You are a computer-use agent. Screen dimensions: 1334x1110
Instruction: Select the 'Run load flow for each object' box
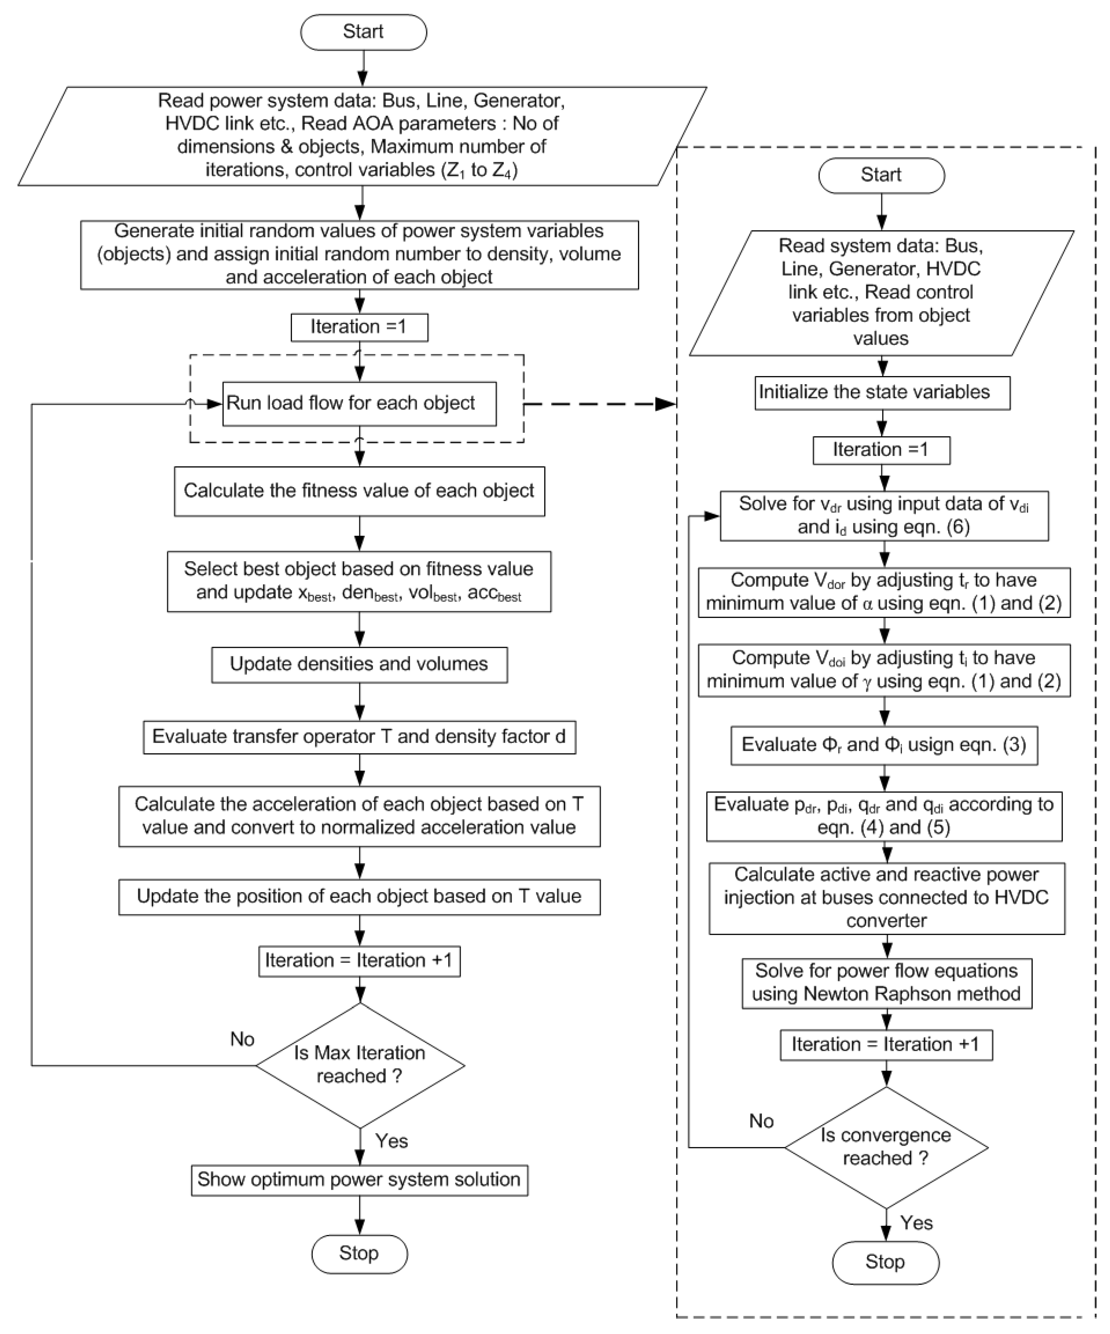(359, 404)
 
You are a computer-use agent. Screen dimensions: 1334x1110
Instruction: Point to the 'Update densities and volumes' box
(359, 665)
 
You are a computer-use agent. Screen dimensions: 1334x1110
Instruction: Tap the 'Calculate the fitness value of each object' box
(359, 491)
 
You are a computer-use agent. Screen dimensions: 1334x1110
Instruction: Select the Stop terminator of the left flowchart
(359, 1253)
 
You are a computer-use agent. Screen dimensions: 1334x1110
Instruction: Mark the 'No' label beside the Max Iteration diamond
(242, 1039)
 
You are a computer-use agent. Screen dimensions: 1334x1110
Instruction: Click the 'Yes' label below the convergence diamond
(916, 1223)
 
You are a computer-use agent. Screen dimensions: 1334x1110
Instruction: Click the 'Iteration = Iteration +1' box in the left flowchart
(359, 960)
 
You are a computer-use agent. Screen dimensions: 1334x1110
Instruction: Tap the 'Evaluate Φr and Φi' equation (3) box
(883, 745)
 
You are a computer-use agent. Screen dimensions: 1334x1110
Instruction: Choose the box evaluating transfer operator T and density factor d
(359, 737)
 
